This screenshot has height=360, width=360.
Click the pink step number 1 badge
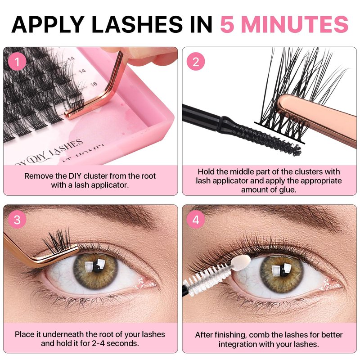[x=17, y=62]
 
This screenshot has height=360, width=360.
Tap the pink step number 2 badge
[x=196, y=62]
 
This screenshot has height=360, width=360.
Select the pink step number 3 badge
[x=17, y=220]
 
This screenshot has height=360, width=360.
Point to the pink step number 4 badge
[x=196, y=220]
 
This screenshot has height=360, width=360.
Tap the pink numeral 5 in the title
[x=228, y=24]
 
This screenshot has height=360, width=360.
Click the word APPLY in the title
[x=48, y=24]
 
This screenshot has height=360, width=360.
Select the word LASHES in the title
[x=137, y=24]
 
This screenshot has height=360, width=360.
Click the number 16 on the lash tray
[x=94, y=84]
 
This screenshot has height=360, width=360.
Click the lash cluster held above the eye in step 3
[x=58, y=241]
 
